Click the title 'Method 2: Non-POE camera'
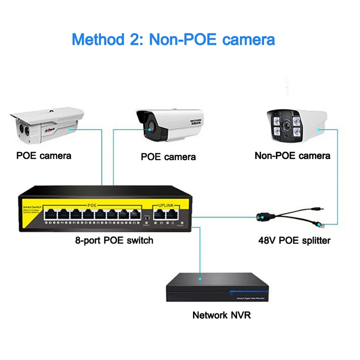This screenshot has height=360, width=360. point(173,39)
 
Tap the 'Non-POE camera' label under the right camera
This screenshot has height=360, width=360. point(292,156)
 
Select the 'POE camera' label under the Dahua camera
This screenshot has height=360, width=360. point(44,156)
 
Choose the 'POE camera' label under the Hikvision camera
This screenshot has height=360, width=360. point(168,157)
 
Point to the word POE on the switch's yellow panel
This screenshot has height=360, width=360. point(92,206)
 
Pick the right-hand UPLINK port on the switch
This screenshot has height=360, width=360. point(171,214)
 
